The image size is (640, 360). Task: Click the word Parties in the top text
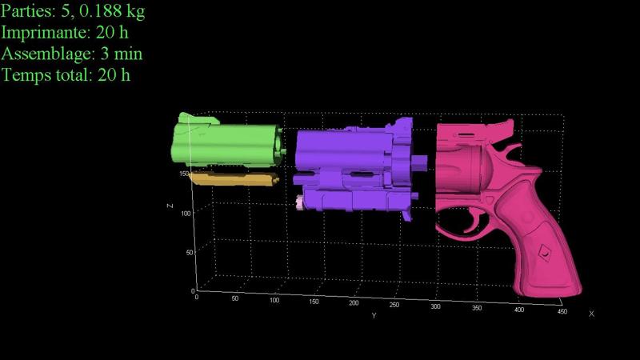point(27,11)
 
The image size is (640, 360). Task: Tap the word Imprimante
point(46,33)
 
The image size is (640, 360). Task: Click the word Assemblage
point(48,54)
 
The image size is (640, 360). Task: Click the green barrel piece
point(227,142)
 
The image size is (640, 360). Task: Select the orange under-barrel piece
point(234,178)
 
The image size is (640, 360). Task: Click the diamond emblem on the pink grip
point(545,253)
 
